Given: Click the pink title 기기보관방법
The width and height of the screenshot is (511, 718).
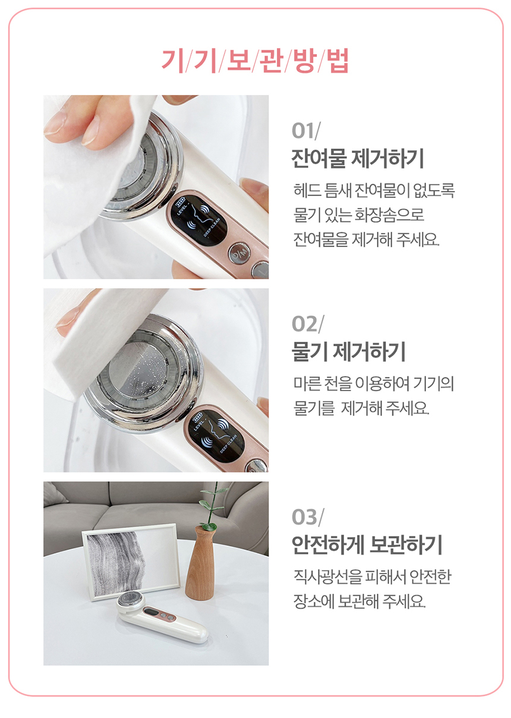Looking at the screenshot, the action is (x=255, y=61).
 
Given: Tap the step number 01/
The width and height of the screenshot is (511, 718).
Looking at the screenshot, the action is (x=306, y=131).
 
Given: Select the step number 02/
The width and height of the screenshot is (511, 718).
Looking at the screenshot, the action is (x=308, y=324).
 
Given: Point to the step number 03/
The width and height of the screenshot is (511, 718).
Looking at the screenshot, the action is (x=308, y=517).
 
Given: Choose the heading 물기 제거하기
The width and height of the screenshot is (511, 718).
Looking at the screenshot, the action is (x=349, y=352).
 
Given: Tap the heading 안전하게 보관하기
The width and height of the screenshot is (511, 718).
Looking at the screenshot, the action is (x=367, y=544).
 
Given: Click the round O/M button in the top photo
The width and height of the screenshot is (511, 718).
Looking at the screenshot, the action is (x=239, y=253).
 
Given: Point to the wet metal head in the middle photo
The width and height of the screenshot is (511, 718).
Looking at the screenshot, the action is (x=144, y=373).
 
